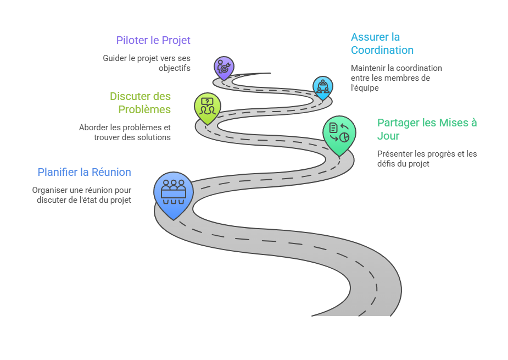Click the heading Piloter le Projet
(x=153, y=40)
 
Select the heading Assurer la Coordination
(x=382, y=43)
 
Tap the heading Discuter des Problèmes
(x=140, y=103)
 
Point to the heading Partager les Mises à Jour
(x=427, y=129)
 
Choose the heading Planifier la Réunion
(x=84, y=172)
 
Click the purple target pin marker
(x=224, y=68)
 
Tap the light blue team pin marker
(x=322, y=87)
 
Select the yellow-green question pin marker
(x=208, y=106)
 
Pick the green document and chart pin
(x=339, y=134)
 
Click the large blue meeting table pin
(x=174, y=193)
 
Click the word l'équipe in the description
(x=365, y=87)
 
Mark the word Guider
(x=114, y=58)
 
